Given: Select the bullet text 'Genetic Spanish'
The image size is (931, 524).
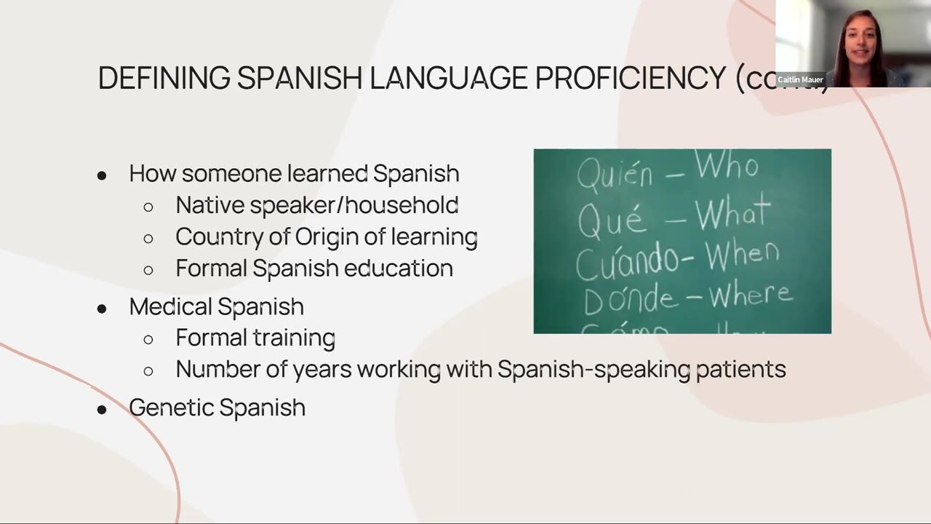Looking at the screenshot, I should click(x=217, y=408).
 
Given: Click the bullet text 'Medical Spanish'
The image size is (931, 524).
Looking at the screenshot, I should click(x=216, y=306).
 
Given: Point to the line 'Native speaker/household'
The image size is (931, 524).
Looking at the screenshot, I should click(x=316, y=205).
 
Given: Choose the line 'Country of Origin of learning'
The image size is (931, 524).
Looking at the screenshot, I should click(x=326, y=237).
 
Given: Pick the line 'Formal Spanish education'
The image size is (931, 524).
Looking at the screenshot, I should click(x=313, y=268).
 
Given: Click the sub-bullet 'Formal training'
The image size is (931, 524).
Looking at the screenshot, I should click(x=255, y=338).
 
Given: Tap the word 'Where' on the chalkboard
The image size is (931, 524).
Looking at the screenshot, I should click(x=750, y=295).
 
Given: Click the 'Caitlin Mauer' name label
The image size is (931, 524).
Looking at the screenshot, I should click(x=800, y=79).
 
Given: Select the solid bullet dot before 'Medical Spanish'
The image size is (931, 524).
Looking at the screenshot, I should click(x=102, y=308).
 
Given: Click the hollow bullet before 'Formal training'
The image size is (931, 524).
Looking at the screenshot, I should click(x=148, y=339).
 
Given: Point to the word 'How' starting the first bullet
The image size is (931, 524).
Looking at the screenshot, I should click(x=153, y=174).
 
